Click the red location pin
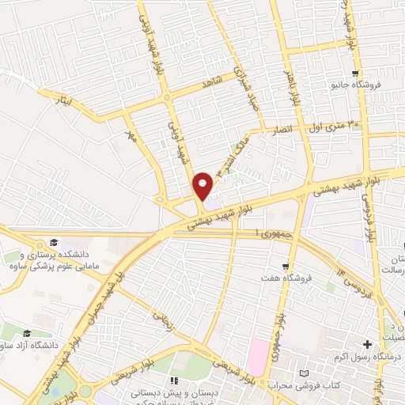(x=203, y=185)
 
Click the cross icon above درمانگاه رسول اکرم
(x=366, y=344)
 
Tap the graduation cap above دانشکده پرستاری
(x=53, y=243)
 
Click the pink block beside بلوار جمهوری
(x=256, y=356)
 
